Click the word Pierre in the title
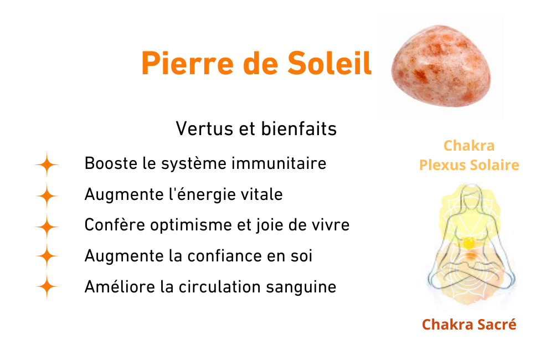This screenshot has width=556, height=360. point(187,64)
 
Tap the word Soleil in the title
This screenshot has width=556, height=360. point(330,63)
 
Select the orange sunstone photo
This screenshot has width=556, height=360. point(441,66)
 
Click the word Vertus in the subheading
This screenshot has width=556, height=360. point(204,128)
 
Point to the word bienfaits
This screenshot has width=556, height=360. point(299,128)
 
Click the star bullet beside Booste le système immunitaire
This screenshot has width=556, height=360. point(47,165)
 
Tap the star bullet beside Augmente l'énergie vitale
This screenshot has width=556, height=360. point(47,196)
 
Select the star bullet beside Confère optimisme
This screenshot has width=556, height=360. point(47,227)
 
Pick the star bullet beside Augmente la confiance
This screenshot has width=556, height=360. point(47,256)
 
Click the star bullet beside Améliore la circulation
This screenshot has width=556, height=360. point(47,286)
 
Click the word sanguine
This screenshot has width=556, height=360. point(301,287)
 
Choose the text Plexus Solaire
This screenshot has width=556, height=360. point(469,165)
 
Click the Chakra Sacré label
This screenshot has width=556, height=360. point(469,325)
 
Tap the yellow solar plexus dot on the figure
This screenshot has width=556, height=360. point(469,243)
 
